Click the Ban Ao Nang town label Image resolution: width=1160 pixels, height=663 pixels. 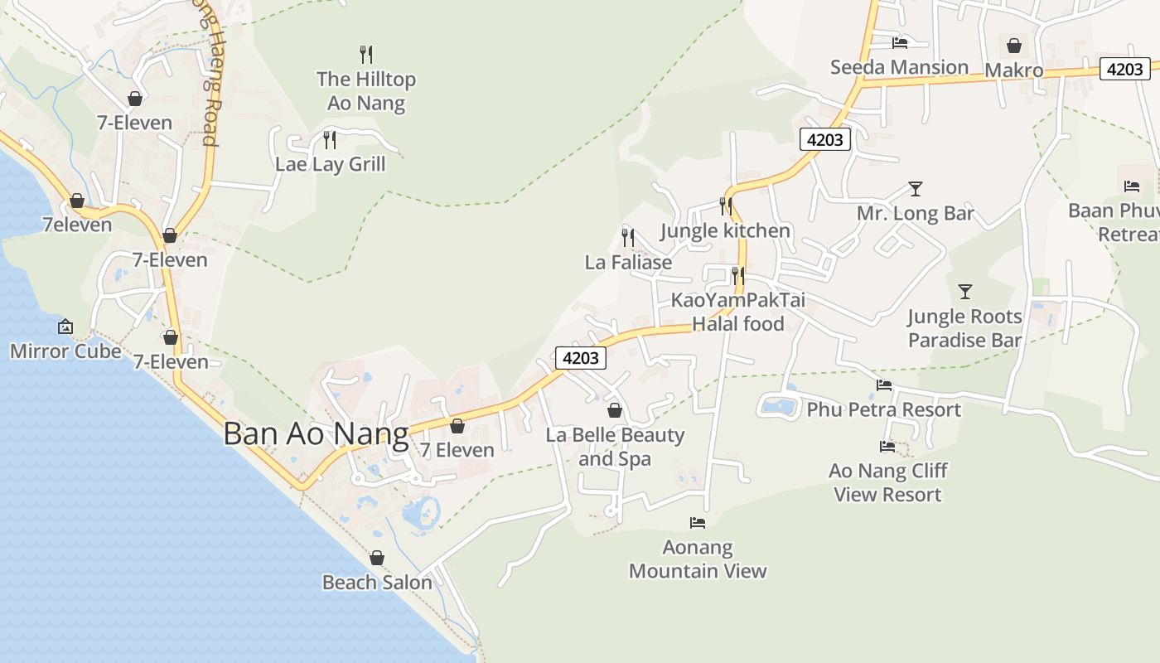316,434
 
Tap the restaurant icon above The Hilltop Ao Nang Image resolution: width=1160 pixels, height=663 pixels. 366,55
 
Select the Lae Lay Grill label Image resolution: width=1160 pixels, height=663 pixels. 331,164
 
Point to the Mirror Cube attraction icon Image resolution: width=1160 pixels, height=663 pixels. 65,327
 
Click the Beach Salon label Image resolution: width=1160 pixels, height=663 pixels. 377,583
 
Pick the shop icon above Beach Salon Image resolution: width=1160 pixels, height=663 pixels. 377,558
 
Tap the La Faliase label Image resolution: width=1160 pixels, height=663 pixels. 628,263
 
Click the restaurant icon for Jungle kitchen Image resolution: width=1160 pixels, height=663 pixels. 726,206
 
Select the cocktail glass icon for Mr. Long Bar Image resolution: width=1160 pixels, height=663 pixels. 915,189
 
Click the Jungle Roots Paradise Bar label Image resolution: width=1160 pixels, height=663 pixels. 964,328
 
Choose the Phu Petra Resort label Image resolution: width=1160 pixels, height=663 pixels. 883,409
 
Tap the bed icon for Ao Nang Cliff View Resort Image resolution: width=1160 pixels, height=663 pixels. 887,447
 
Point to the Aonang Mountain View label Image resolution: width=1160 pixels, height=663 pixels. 698,559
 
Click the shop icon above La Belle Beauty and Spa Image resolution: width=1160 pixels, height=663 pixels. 615,410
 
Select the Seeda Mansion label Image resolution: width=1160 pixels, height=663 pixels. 899,67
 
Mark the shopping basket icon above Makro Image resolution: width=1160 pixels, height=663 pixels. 1013,46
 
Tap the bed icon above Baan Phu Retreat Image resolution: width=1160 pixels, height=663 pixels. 1132,186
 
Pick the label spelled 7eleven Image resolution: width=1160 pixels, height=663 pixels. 77,225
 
